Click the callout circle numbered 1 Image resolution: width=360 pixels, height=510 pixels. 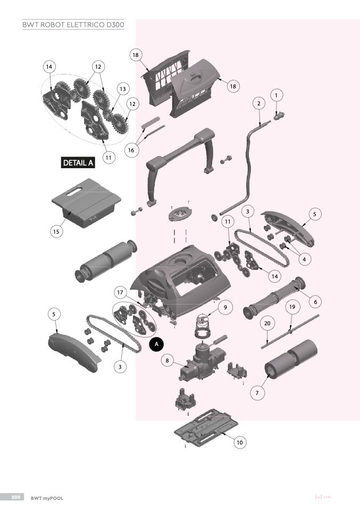click(276, 95)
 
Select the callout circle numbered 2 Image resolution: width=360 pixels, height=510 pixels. click(258, 103)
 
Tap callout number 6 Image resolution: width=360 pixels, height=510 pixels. click(315, 302)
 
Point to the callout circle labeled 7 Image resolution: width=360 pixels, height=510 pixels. click(257, 393)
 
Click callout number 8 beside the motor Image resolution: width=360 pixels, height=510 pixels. click(168, 360)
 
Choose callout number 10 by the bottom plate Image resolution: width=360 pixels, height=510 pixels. click(239, 441)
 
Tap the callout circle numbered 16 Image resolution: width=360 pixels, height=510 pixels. click(132, 150)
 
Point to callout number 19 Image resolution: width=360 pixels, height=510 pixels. click(291, 307)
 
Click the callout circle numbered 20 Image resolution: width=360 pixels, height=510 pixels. click(267, 323)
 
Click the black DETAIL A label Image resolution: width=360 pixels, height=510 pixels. click(79, 163)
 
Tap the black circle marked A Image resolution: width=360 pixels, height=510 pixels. click(156, 344)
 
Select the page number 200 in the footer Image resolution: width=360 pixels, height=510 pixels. click(15, 497)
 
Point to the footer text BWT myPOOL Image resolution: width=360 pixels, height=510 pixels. click(47, 498)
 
